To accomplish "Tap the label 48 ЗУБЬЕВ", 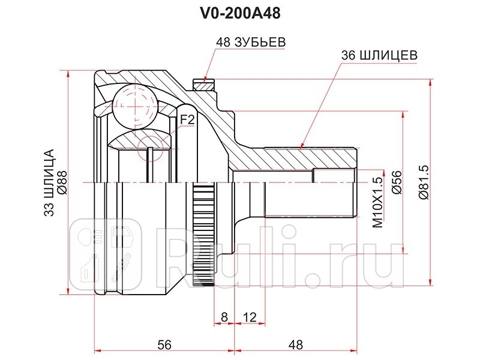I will point(250,43).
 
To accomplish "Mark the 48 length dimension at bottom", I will point(295,344).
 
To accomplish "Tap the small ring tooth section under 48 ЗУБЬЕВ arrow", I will point(203,85).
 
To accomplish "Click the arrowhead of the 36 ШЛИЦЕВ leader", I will point(301,145).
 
